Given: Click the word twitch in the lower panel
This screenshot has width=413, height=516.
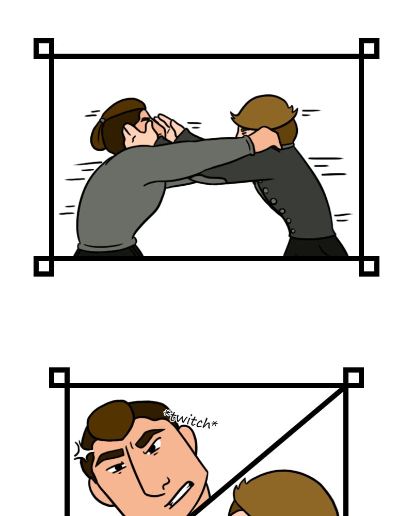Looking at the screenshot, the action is (x=191, y=419).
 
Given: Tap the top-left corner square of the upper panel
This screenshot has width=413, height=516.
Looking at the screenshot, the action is (x=44, y=49).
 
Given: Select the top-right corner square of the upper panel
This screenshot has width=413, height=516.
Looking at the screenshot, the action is (x=369, y=49).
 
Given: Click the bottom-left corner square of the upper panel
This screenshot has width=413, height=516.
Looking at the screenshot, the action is (x=44, y=266).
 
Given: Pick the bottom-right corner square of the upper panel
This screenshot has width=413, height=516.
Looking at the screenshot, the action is (x=369, y=266).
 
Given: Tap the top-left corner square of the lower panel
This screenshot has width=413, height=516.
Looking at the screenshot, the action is (x=59, y=378).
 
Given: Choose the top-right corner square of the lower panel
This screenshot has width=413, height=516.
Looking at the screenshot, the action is (x=354, y=378).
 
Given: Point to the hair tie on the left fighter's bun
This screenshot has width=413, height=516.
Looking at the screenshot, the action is (x=103, y=121).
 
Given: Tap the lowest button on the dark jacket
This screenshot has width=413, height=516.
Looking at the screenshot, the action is (x=293, y=231).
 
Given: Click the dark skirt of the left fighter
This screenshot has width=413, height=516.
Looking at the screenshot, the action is (x=109, y=251).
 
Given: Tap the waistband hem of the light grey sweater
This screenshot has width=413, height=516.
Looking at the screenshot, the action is (x=107, y=245).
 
